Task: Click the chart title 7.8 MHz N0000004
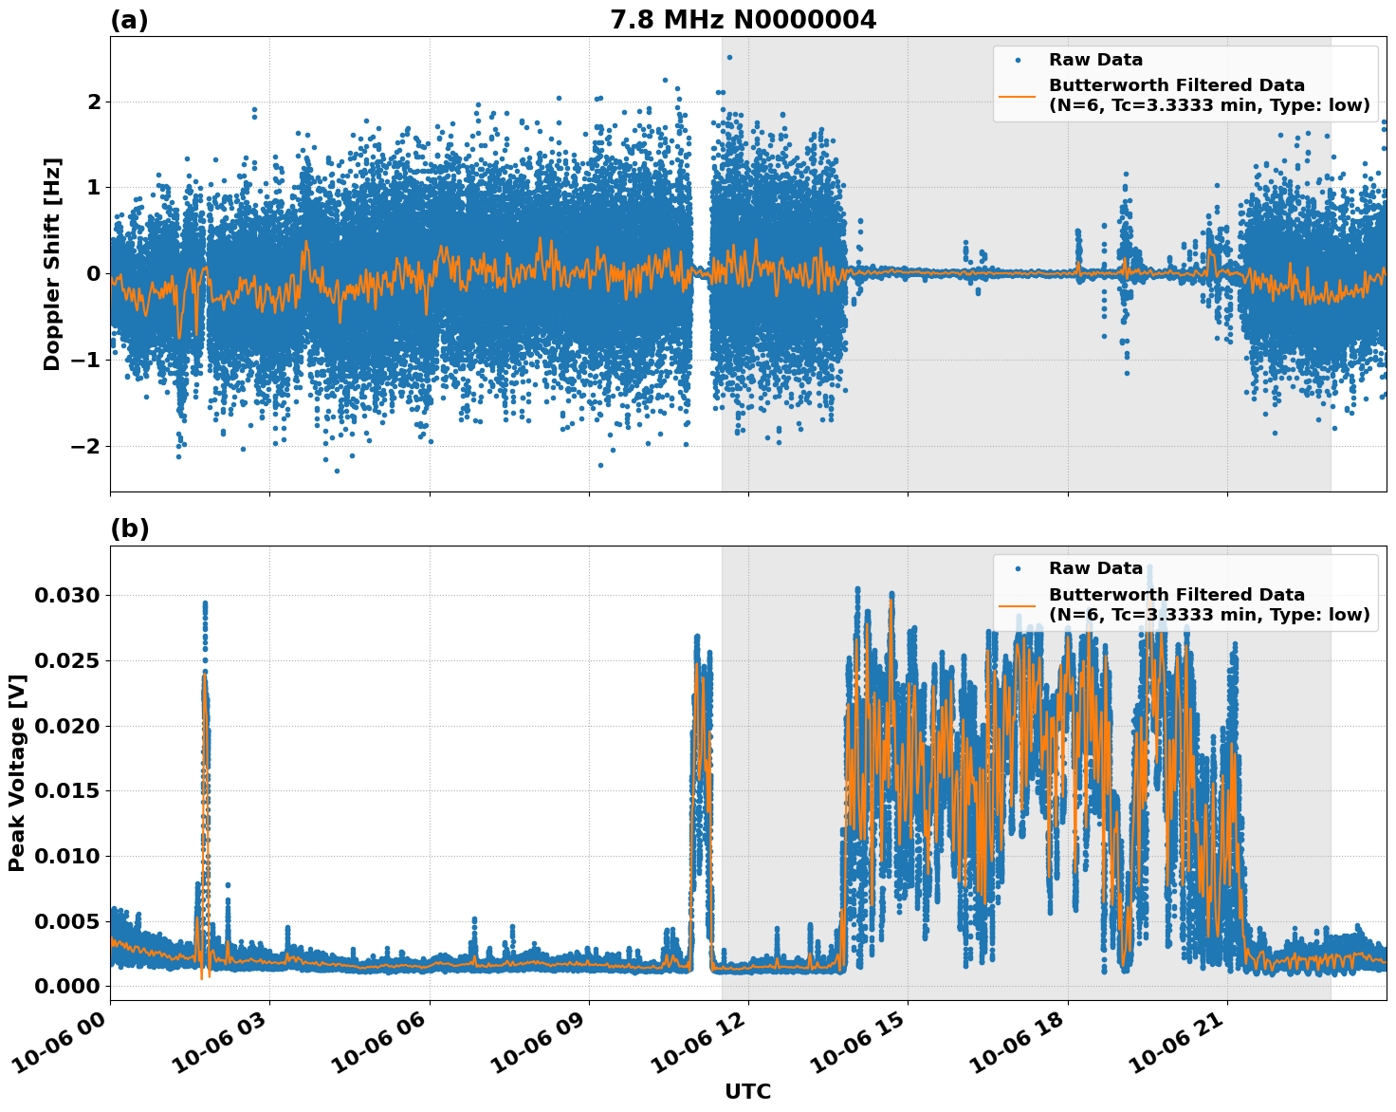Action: coord(743,20)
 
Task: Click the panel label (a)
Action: coord(129,20)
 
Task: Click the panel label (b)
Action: coord(129,528)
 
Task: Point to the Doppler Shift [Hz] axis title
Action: coord(52,264)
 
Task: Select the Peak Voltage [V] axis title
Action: coord(16,772)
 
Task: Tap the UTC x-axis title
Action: coord(747,1091)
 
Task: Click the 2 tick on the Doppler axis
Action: coord(94,102)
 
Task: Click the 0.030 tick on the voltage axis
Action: coord(66,596)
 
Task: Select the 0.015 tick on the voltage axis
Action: coord(66,791)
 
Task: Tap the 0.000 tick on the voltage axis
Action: coord(66,987)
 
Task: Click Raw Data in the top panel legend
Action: coord(1095,60)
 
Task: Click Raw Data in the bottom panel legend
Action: coord(1095,568)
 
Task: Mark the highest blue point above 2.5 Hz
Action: coord(728,57)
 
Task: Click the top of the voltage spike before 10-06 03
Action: coord(204,603)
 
